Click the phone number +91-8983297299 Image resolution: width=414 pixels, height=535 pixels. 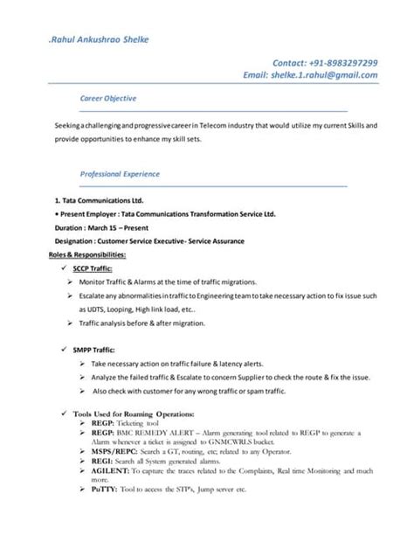click(x=340, y=62)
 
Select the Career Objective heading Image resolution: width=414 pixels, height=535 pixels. click(x=107, y=98)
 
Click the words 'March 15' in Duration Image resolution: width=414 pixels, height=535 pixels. click(x=106, y=226)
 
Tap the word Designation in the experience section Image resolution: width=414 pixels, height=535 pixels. click(x=77, y=240)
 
